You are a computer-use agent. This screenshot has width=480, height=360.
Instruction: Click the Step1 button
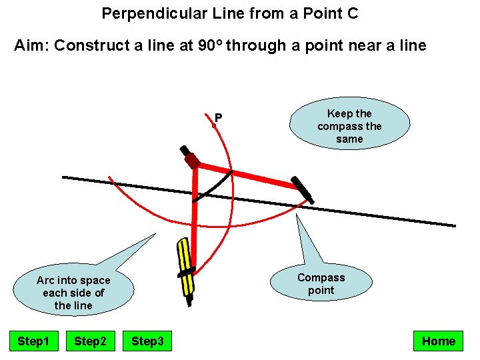point(33,341)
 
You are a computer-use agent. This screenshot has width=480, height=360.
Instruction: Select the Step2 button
point(90,341)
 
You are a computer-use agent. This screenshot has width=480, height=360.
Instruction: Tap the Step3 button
point(147,341)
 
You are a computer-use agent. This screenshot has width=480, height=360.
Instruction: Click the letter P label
point(218,118)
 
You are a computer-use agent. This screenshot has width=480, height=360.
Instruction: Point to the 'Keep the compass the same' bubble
point(349,126)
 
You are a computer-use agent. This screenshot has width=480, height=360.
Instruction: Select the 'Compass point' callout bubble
point(321,284)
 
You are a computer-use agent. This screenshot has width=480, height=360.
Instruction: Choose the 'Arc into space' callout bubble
point(73,293)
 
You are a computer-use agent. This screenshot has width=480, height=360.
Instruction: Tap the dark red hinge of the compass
point(192,161)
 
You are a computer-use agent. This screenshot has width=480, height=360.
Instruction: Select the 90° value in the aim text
point(211,45)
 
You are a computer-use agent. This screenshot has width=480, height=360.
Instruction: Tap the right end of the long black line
point(455,226)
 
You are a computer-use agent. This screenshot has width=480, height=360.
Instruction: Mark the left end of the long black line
point(63,177)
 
